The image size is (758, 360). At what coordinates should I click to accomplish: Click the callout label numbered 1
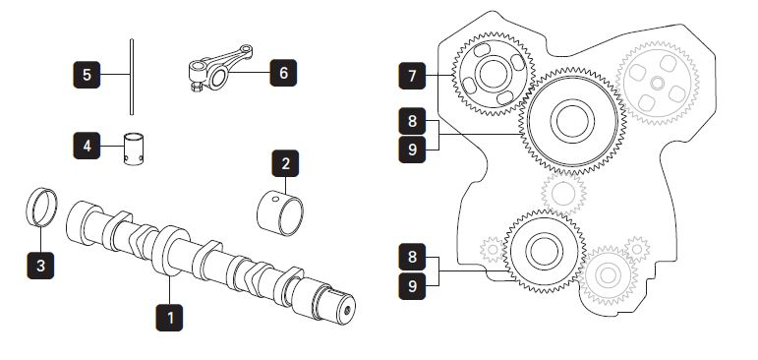click(169, 318)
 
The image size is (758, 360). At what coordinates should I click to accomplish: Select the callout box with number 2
click(285, 163)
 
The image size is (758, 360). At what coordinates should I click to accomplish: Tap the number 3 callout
click(40, 266)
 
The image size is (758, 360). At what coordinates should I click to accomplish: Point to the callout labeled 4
click(87, 146)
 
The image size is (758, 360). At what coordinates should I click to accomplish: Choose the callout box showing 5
click(87, 75)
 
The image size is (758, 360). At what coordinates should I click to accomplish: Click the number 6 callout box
click(283, 73)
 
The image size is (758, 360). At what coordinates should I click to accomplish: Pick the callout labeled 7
click(412, 76)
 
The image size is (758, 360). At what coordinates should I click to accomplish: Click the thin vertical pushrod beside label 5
click(132, 77)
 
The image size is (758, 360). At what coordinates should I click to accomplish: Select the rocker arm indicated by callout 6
click(220, 68)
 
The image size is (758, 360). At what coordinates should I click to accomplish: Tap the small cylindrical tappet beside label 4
click(134, 150)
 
